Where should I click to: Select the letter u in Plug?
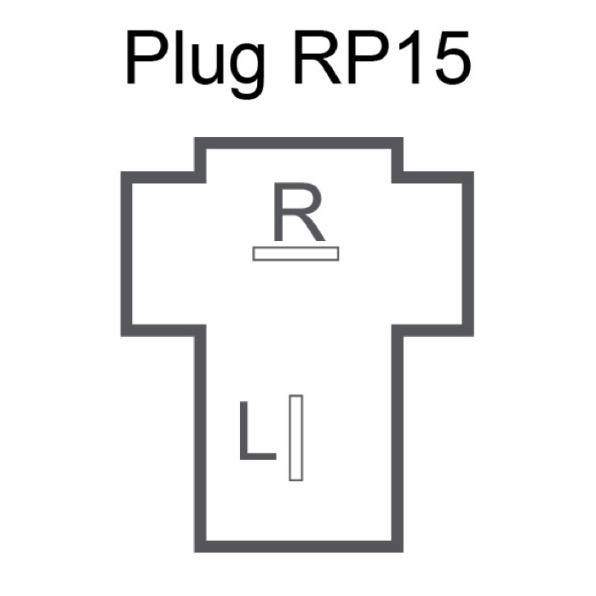[x=216, y=66]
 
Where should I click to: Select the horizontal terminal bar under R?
[x=295, y=253]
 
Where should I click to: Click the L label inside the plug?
[x=256, y=434]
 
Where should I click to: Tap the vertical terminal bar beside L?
[x=295, y=438]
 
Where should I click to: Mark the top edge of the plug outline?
[x=298, y=143]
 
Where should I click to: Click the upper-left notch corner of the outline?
[x=200, y=175]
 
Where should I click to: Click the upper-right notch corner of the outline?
[x=397, y=175]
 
